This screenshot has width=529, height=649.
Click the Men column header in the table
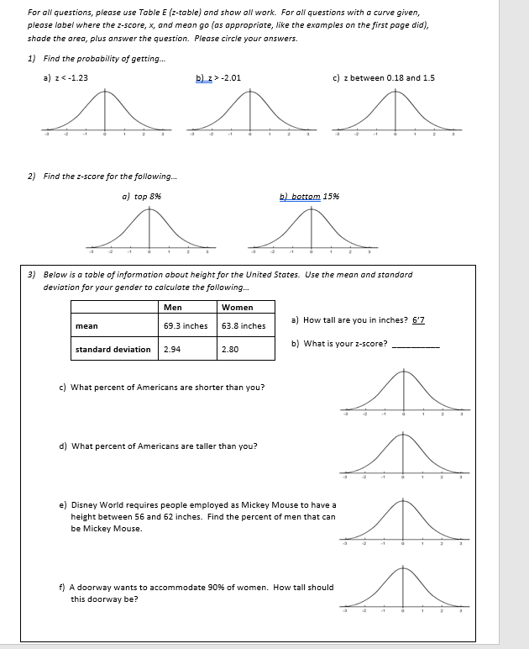tap(172, 307)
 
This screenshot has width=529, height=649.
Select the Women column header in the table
tap(237, 307)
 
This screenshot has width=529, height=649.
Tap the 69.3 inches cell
tap(186, 325)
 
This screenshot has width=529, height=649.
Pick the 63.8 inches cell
tap(244, 325)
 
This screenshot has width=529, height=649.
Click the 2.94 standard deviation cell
tap(171, 349)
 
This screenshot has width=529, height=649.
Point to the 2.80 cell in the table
tap(230, 349)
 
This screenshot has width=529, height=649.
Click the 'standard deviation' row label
tap(113, 349)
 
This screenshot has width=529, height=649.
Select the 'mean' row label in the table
tap(86, 325)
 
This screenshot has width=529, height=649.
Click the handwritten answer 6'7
tap(419, 320)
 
